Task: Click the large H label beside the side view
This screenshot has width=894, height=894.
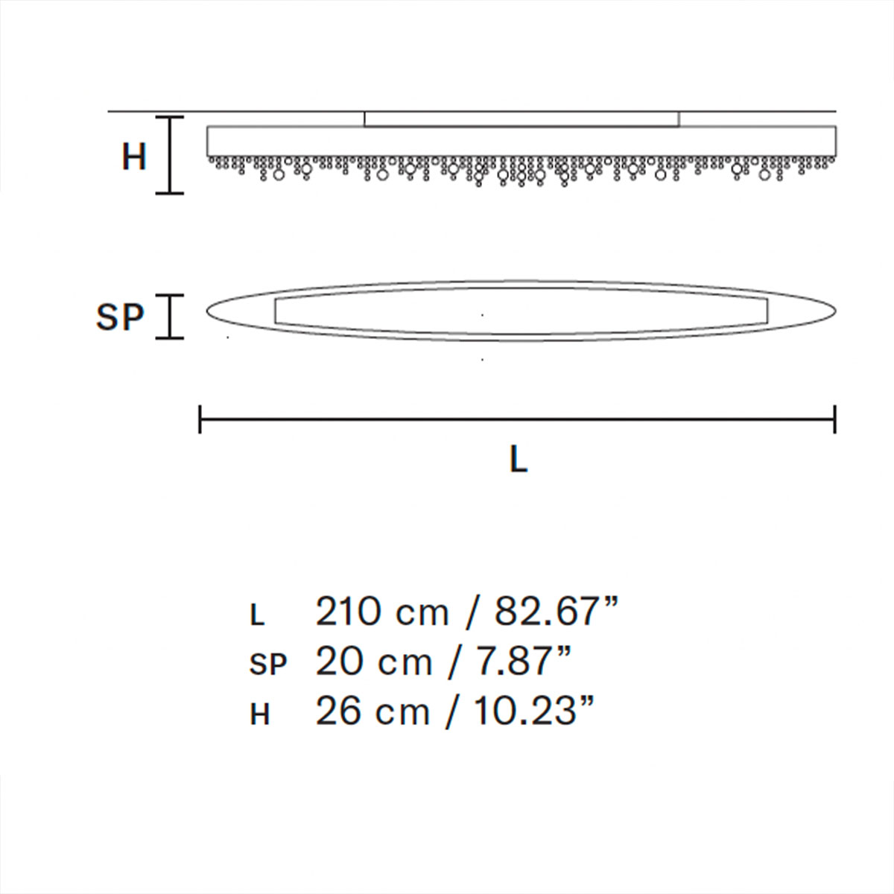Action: (x=134, y=156)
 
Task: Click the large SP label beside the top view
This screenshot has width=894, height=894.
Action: (x=120, y=317)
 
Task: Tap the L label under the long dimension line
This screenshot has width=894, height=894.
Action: (x=519, y=460)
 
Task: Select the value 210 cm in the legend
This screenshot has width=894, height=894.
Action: (x=382, y=612)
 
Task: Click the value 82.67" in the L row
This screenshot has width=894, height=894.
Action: (x=557, y=612)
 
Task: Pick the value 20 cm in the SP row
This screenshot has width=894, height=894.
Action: (x=374, y=662)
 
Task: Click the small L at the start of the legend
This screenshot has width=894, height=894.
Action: (x=257, y=616)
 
